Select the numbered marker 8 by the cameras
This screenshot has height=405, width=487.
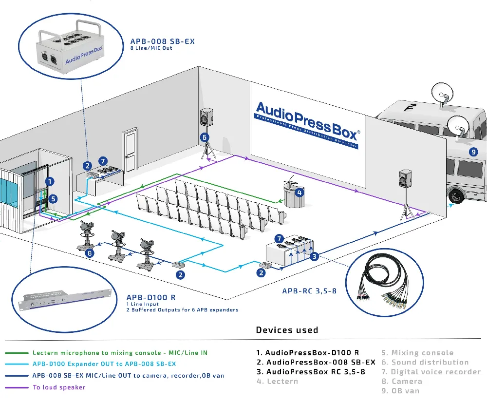(x=89, y=253)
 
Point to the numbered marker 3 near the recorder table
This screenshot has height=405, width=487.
(x=315, y=256)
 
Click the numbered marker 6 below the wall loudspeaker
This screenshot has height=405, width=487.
(x=205, y=137)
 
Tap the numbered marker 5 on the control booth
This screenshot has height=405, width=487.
(x=53, y=198)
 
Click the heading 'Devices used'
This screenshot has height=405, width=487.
(x=287, y=330)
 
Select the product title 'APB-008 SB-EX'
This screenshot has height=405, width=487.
(x=162, y=41)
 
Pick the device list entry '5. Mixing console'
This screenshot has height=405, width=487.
(x=417, y=352)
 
